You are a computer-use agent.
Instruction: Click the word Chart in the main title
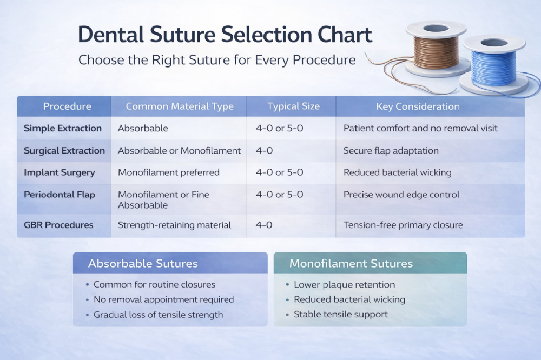tap(345, 35)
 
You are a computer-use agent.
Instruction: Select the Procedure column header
tap(67, 106)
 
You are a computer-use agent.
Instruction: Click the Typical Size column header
tap(294, 106)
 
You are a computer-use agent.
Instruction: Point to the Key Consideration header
tap(418, 106)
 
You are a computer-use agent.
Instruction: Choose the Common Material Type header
tap(180, 106)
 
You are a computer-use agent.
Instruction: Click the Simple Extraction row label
tap(63, 128)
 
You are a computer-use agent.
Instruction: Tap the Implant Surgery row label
tap(60, 173)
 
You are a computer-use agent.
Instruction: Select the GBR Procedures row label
tap(58, 225)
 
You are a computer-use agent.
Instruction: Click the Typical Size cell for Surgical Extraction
tap(265, 151)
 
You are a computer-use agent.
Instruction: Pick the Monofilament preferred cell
tap(169, 172)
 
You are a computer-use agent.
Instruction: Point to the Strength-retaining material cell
tap(175, 225)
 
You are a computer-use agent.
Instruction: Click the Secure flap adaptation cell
tap(391, 151)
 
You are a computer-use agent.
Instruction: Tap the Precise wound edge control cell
tap(401, 195)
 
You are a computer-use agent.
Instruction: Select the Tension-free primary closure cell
tap(403, 225)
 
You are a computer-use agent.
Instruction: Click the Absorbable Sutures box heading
tap(143, 263)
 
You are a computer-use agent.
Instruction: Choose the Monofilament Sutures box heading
tap(351, 263)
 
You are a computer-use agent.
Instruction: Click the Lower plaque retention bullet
tap(344, 285)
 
